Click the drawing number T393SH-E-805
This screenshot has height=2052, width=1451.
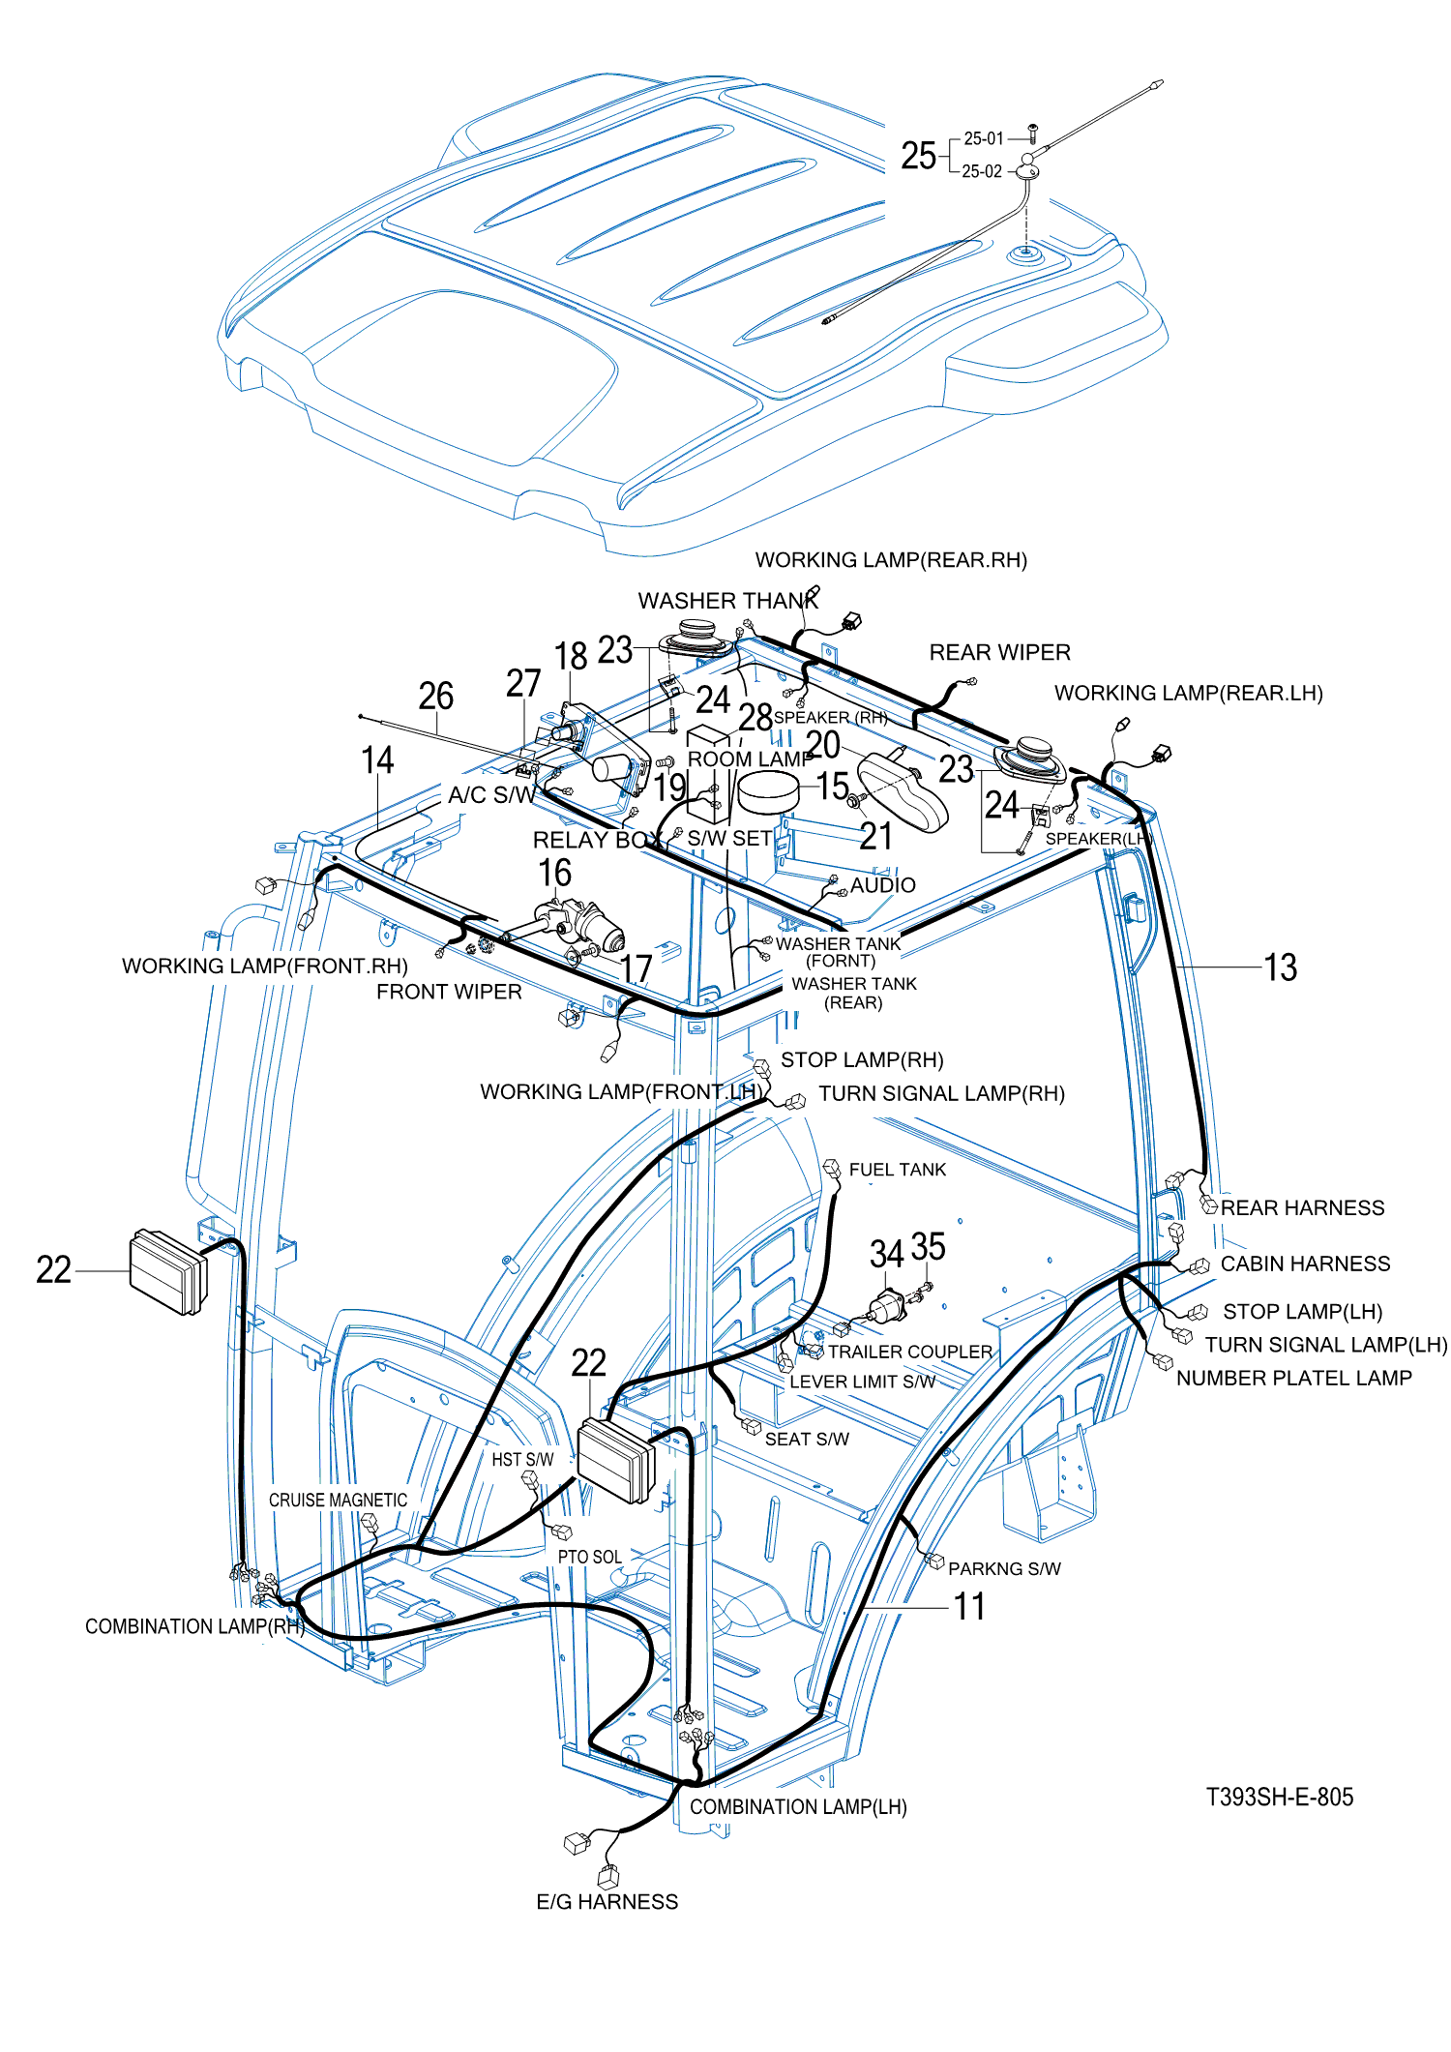click(1279, 1797)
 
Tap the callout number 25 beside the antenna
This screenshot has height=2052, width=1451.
click(918, 156)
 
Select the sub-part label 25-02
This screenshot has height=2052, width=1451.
click(982, 171)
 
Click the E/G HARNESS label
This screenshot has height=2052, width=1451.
click(607, 1901)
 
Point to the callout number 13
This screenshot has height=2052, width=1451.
click(1280, 967)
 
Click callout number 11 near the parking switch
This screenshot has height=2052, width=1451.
click(969, 1606)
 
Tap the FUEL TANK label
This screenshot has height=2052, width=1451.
click(897, 1170)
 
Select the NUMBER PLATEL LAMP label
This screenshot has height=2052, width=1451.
click(1293, 1378)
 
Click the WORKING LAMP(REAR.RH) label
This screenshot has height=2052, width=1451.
click(890, 560)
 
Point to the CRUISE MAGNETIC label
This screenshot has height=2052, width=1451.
click(338, 1500)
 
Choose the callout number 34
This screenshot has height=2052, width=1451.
click(886, 1254)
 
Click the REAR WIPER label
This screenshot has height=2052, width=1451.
click(999, 652)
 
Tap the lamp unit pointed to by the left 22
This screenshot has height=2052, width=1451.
click(168, 1271)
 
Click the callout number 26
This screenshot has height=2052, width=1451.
click(435, 696)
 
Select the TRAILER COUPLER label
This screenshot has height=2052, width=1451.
click(909, 1352)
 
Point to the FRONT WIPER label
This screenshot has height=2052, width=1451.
click(449, 992)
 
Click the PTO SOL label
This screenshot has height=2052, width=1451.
click(589, 1557)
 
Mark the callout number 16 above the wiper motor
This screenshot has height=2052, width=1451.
click(554, 873)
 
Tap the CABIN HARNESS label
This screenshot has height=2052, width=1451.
click(1305, 1264)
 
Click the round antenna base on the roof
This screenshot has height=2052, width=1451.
click(1023, 255)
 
